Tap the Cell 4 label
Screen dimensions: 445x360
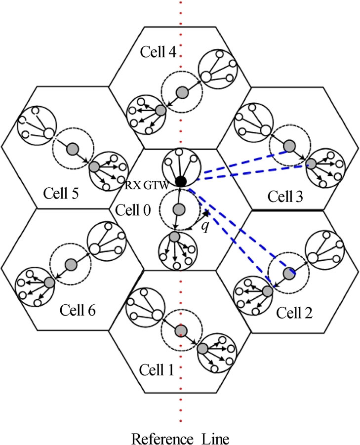pyautogui.click(x=158, y=51)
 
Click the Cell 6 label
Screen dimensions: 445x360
pyautogui.click(x=78, y=310)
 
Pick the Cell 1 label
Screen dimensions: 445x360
pyautogui.click(x=157, y=370)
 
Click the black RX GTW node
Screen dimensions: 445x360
pyautogui.click(x=181, y=181)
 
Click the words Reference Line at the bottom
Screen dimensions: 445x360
pyautogui.click(x=180, y=437)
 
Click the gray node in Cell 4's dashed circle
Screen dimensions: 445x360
pyautogui.click(x=183, y=91)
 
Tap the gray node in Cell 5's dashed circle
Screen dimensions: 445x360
pyautogui.click(x=73, y=148)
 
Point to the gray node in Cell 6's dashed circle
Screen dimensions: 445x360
pyautogui.click(x=70, y=264)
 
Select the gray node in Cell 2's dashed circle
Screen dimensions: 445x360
pyautogui.click(x=288, y=271)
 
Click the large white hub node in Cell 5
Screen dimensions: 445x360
pyautogui.click(x=48, y=132)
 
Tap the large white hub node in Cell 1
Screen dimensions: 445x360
pyautogui.click(x=157, y=315)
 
